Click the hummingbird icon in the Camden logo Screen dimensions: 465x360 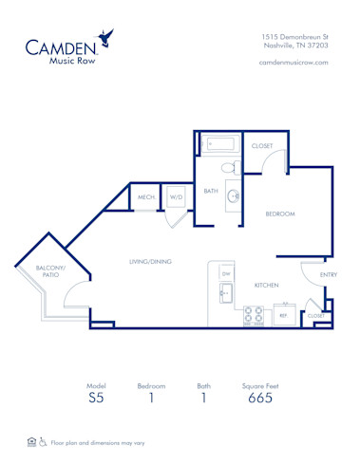coord(111,37)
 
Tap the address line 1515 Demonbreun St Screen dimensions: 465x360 coord(295,36)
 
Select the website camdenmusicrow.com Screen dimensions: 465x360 coord(294,63)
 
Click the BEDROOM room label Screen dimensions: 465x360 coord(280,214)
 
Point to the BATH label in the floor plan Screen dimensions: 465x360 coord(211,191)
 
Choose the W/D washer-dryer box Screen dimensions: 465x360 coord(176,197)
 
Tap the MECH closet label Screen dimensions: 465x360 coord(145,197)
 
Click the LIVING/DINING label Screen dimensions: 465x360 coord(150,261)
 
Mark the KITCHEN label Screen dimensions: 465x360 coord(265,285)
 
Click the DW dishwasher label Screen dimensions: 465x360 coord(226,274)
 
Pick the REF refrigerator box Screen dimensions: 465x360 coord(282,314)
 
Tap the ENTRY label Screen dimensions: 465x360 coord(328,275)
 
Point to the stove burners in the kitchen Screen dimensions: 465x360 coord(254,314)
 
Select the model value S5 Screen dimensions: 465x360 coord(97,399)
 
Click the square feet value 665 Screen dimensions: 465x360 coord(260,399)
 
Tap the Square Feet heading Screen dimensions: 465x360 coord(260,386)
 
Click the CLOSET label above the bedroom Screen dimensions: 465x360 coord(262,146)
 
